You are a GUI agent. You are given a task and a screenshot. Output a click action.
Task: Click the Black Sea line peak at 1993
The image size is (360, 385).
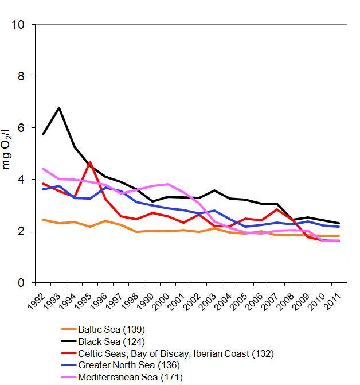pyautogui.click(x=59, y=108)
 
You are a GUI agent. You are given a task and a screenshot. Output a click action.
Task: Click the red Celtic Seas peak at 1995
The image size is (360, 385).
pyautogui.click(x=91, y=162)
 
